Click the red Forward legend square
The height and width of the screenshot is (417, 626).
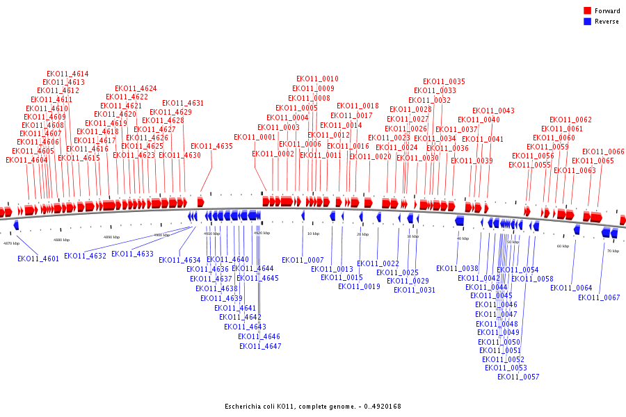click(587, 11)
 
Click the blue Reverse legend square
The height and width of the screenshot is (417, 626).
click(587, 22)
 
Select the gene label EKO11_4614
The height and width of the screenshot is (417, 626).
click(67, 74)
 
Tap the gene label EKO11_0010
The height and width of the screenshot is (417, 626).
click(317, 79)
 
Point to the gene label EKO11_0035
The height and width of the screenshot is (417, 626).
click(444, 82)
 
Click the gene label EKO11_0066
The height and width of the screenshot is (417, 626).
click(603, 152)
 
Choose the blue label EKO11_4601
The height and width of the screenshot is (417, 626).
click(38, 259)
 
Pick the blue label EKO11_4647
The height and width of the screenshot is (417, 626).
click(260, 346)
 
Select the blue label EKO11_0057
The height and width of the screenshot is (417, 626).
click(518, 377)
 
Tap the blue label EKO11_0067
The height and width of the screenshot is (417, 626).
click(599, 298)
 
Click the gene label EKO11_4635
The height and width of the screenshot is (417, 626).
click(211, 147)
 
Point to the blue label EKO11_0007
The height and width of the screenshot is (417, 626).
click(303, 261)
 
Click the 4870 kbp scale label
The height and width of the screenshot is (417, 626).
click(11, 243)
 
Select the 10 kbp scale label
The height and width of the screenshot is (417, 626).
click(313, 234)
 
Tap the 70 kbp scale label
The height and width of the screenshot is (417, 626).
click(613, 251)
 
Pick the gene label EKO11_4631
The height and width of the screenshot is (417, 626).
click(183, 104)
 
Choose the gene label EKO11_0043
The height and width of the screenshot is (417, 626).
click(493, 111)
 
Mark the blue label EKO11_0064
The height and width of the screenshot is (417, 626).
click(571, 288)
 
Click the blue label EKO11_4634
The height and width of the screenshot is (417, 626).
click(179, 261)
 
